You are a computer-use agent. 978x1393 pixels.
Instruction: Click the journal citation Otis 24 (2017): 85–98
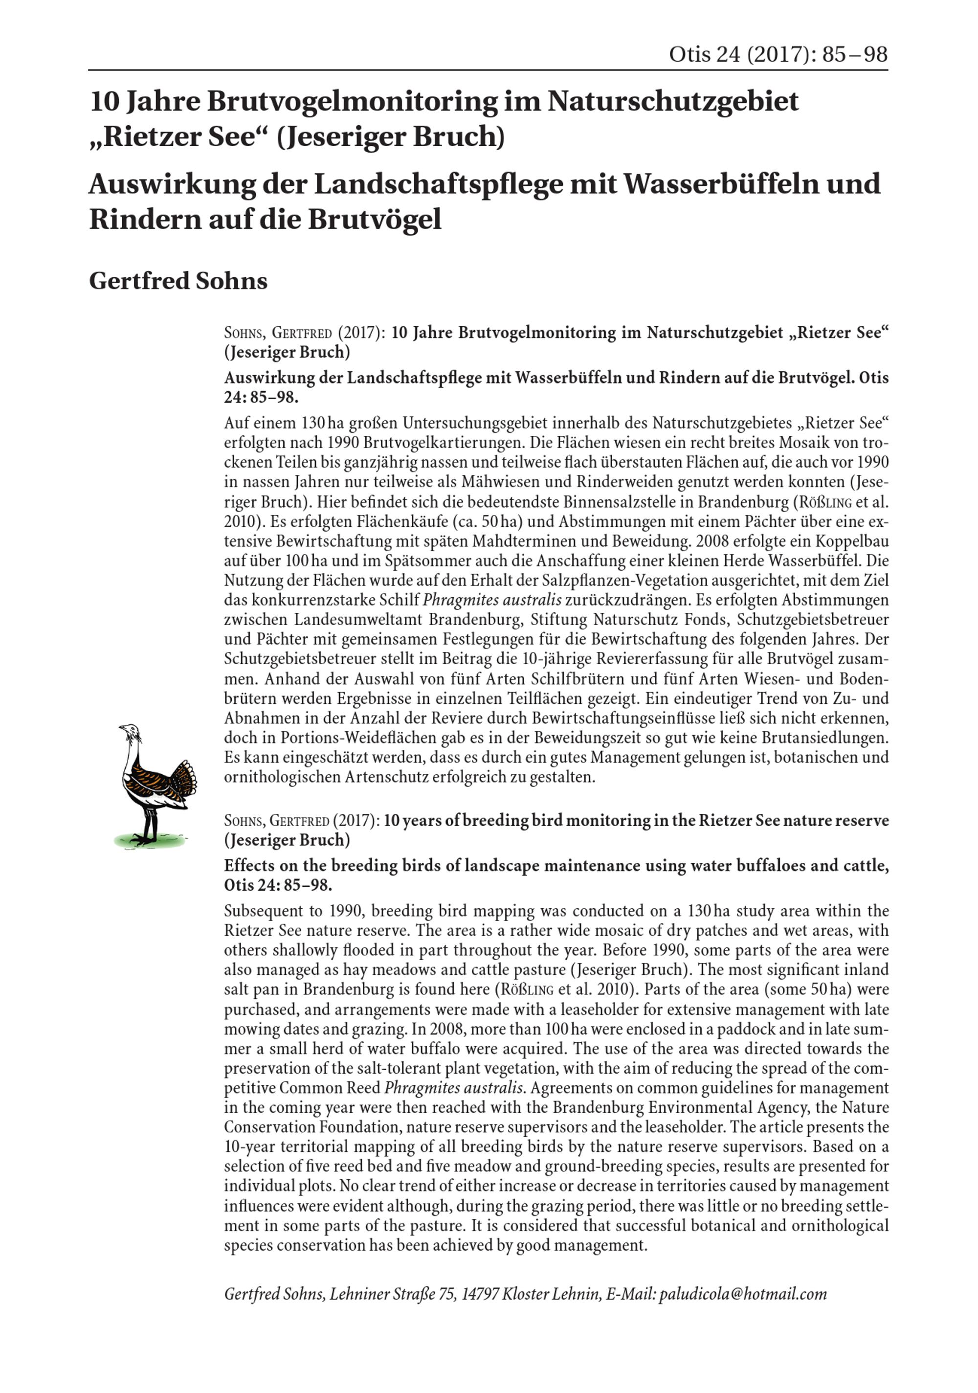[x=778, y=55]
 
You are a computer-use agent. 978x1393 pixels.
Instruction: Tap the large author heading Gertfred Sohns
[x=178, y=281]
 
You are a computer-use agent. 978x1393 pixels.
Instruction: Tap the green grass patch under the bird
[x=149, y=841]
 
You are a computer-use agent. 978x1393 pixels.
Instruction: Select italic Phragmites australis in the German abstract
[x=491, y=601]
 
